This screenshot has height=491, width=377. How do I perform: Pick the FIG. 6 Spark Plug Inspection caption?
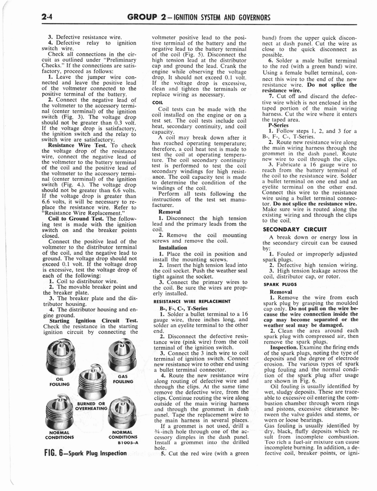click(x=82, y=454)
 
